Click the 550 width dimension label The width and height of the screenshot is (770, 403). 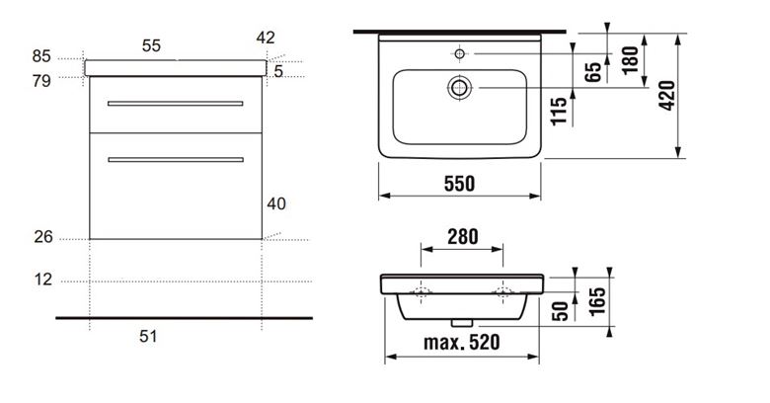(460, 184)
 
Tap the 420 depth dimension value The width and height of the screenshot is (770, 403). (668, 96)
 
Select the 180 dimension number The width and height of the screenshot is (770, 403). (630, 59)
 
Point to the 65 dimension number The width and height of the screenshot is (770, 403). (593, 72)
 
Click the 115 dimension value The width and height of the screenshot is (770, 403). (559, 111)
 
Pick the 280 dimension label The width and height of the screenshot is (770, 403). (463, 237)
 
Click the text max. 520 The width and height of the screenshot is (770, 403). (462, 342)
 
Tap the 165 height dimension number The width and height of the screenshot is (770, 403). (597, 301)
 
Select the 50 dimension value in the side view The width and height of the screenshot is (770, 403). (561, 311)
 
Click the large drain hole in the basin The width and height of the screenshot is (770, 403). (459, 88)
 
